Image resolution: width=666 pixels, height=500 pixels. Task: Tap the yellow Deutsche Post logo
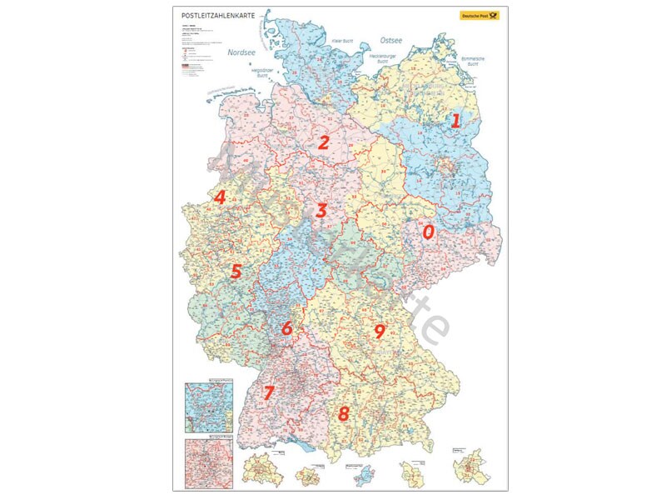(477, 15)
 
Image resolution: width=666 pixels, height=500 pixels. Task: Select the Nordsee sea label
(241, 52)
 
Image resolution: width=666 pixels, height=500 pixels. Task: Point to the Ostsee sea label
(391, 39)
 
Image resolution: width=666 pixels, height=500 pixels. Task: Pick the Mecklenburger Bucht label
(383, 59)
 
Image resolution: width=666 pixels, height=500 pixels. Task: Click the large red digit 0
(428, 232)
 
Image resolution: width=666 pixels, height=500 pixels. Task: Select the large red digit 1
(455, 120)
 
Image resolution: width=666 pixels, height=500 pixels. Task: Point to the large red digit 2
(324, 142)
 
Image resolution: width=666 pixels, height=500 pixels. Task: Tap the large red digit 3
(321, 211)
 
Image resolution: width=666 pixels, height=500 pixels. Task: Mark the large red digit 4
(220, 197)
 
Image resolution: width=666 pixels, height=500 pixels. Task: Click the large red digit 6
(287, 328)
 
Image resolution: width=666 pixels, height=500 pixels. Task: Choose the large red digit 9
(380, 332)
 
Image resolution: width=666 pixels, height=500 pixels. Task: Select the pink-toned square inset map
(209, 460)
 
